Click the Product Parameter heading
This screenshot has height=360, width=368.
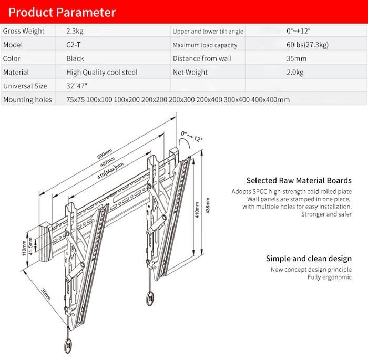coord(59,12)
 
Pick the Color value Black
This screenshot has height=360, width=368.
coord(75,59)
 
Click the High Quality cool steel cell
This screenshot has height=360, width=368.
coord(102,73)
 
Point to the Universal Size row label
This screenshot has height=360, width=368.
coord(25,86)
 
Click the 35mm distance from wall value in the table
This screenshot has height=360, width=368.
coord(297,59)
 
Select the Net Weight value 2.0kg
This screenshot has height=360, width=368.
coord(295,73)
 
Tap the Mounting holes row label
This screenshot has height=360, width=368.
coord(27,100)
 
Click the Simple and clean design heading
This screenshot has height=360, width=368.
coord(309,259)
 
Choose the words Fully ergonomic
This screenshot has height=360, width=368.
coord(330,277)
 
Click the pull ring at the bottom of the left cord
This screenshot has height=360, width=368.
coord(67,345)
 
